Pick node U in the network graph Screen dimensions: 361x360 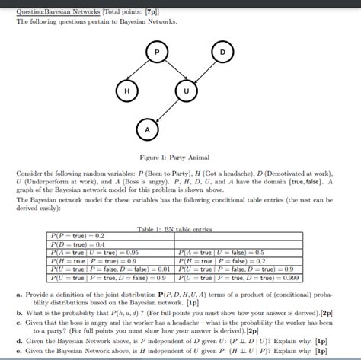point(185,91)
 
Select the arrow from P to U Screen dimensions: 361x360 point(171,71)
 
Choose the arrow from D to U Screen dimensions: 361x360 point(204,71)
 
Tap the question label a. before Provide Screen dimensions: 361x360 point(19,293)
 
